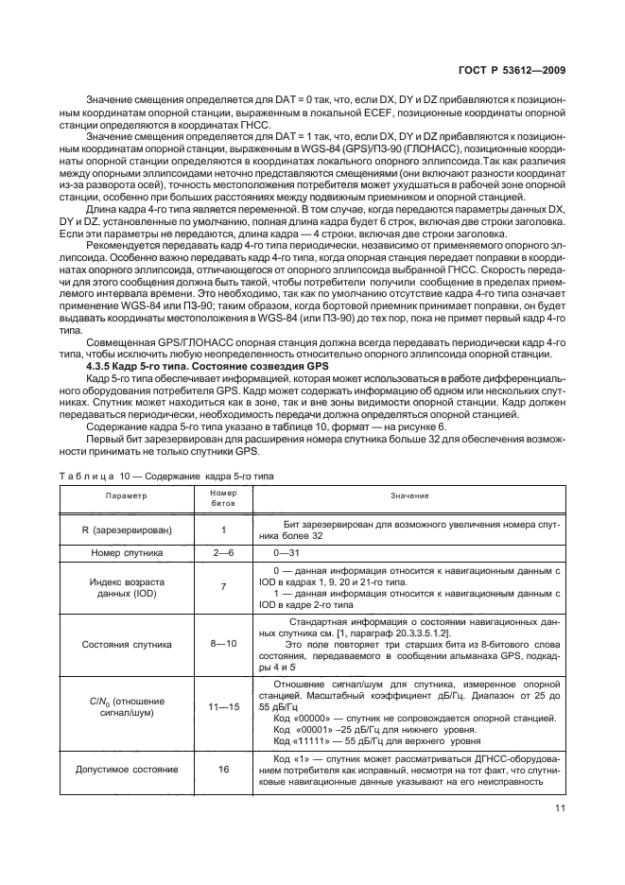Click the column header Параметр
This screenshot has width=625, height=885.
coord(127,496)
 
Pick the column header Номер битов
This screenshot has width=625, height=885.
coord(223,496)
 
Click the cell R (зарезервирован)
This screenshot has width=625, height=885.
coord(127,529)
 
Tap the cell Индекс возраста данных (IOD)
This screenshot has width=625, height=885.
coord(127,587)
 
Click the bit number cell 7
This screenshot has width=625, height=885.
coord(223,587)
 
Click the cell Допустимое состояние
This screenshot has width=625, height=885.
coord(127,770)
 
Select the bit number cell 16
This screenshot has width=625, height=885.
coord(223,770)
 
